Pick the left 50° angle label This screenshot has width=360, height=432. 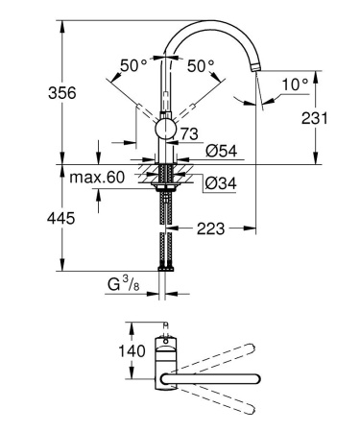pyautogui.click(x=133, y=66)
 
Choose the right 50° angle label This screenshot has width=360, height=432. pyautogui.click(x=201, y=66)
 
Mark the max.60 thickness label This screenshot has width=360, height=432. pyautogui.click(x=97, y=177)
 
